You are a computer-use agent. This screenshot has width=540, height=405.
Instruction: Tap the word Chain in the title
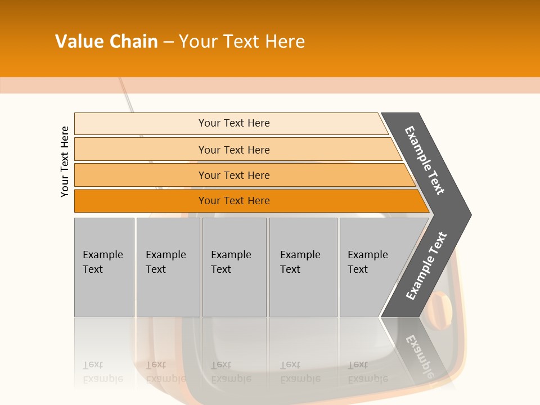pos(133,42)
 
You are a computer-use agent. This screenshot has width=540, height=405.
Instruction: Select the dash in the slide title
pos(168,42)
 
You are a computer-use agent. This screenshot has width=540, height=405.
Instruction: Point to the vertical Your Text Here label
pos(65,161)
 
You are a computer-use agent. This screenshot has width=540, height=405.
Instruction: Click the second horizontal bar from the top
pos(234,150)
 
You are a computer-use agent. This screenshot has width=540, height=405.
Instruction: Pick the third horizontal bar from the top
pos(234,175)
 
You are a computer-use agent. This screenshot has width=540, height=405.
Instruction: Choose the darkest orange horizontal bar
pos(234,201)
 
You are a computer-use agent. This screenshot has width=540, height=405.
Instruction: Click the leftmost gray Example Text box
pos(104,267)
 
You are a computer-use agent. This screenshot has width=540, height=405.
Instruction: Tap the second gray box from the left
pos(168,267)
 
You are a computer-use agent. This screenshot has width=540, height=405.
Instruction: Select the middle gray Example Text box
pos(234,267)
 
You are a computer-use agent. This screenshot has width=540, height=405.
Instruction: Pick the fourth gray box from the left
pos(303,267)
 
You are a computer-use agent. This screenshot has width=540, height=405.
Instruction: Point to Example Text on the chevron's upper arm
pos(425,160)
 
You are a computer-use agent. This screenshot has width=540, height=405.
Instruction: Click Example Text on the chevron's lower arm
pos(426,265)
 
